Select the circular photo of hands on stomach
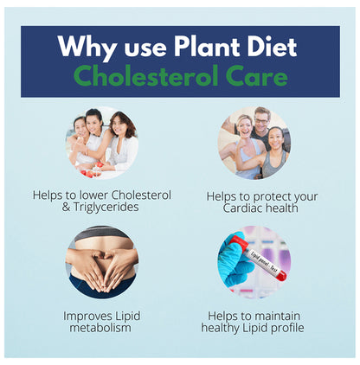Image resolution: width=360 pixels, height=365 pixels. (101, 261)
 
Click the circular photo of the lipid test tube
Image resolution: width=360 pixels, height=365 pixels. (254, 261)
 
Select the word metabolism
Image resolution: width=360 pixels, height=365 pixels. (102, 328)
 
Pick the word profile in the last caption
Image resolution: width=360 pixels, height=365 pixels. (284, 328)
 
